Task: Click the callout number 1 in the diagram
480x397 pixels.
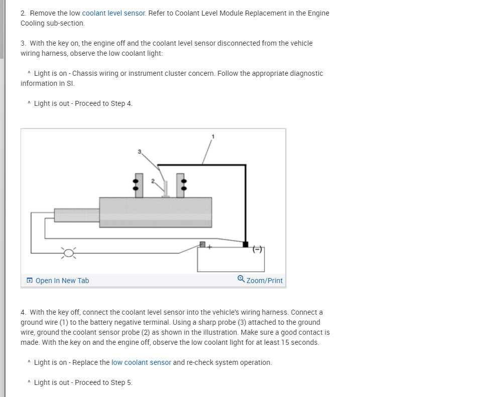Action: pyautogui.click(x=213, y=136)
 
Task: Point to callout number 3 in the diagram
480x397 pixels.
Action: pyautogui.click(x=140, y=151)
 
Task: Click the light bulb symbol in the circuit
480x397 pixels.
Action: pyautogui.click(x=69, y=252)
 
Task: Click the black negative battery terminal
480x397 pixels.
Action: pyautogui.click(x=245, y=244)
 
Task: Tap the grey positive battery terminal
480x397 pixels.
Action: pyautogui.click(x=202, y=244)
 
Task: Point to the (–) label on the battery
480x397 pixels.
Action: pyautogui.click(x=257, y=249)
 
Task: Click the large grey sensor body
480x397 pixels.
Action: pyautogui.click(x=156, y=212)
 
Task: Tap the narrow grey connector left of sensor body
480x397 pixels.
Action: pyautogui.click(x=76, y=214)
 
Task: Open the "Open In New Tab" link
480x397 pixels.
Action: pyautogui.click(x=62, y=281)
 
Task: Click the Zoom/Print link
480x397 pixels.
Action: pyautogui.click(x=264, y=281)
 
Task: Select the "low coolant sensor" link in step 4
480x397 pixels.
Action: pyautogui.click(x=141, y=362)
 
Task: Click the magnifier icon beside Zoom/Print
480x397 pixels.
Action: pyautogui.click(x=241, y=279)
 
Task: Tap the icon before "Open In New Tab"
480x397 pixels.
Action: pyautogui.click(x=30, y=281)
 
